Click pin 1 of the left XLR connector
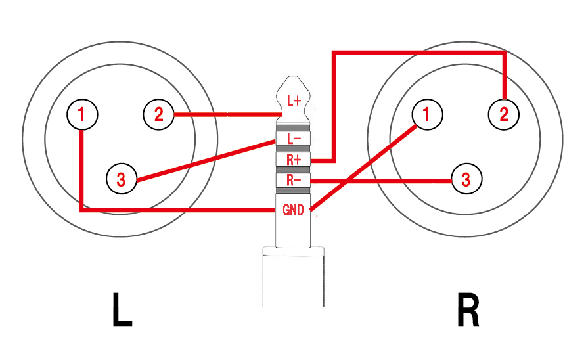click(x=82, y=115)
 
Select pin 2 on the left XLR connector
click(x=158, y=115)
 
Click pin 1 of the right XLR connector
click(x=428, y=115)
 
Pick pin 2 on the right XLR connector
click(x=504, y=115)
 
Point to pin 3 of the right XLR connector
click(x=466, y=179)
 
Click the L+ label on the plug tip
click(x=294, y=102)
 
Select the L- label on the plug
click(x=294, y=139)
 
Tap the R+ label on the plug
click(x=294, y=160)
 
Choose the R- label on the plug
click(x=294, y=179)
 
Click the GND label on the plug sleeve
click(x=293, y=210)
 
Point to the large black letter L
click(x=122, y=311)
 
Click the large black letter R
click(x=468, y=311)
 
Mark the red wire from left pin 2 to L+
click(x=223, y=116)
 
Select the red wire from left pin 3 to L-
click(x=204, y=160)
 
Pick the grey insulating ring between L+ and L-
click(x=294, y=127)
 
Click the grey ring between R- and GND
click(x=294, y=191)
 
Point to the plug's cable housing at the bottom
click(x=294, y=279)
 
